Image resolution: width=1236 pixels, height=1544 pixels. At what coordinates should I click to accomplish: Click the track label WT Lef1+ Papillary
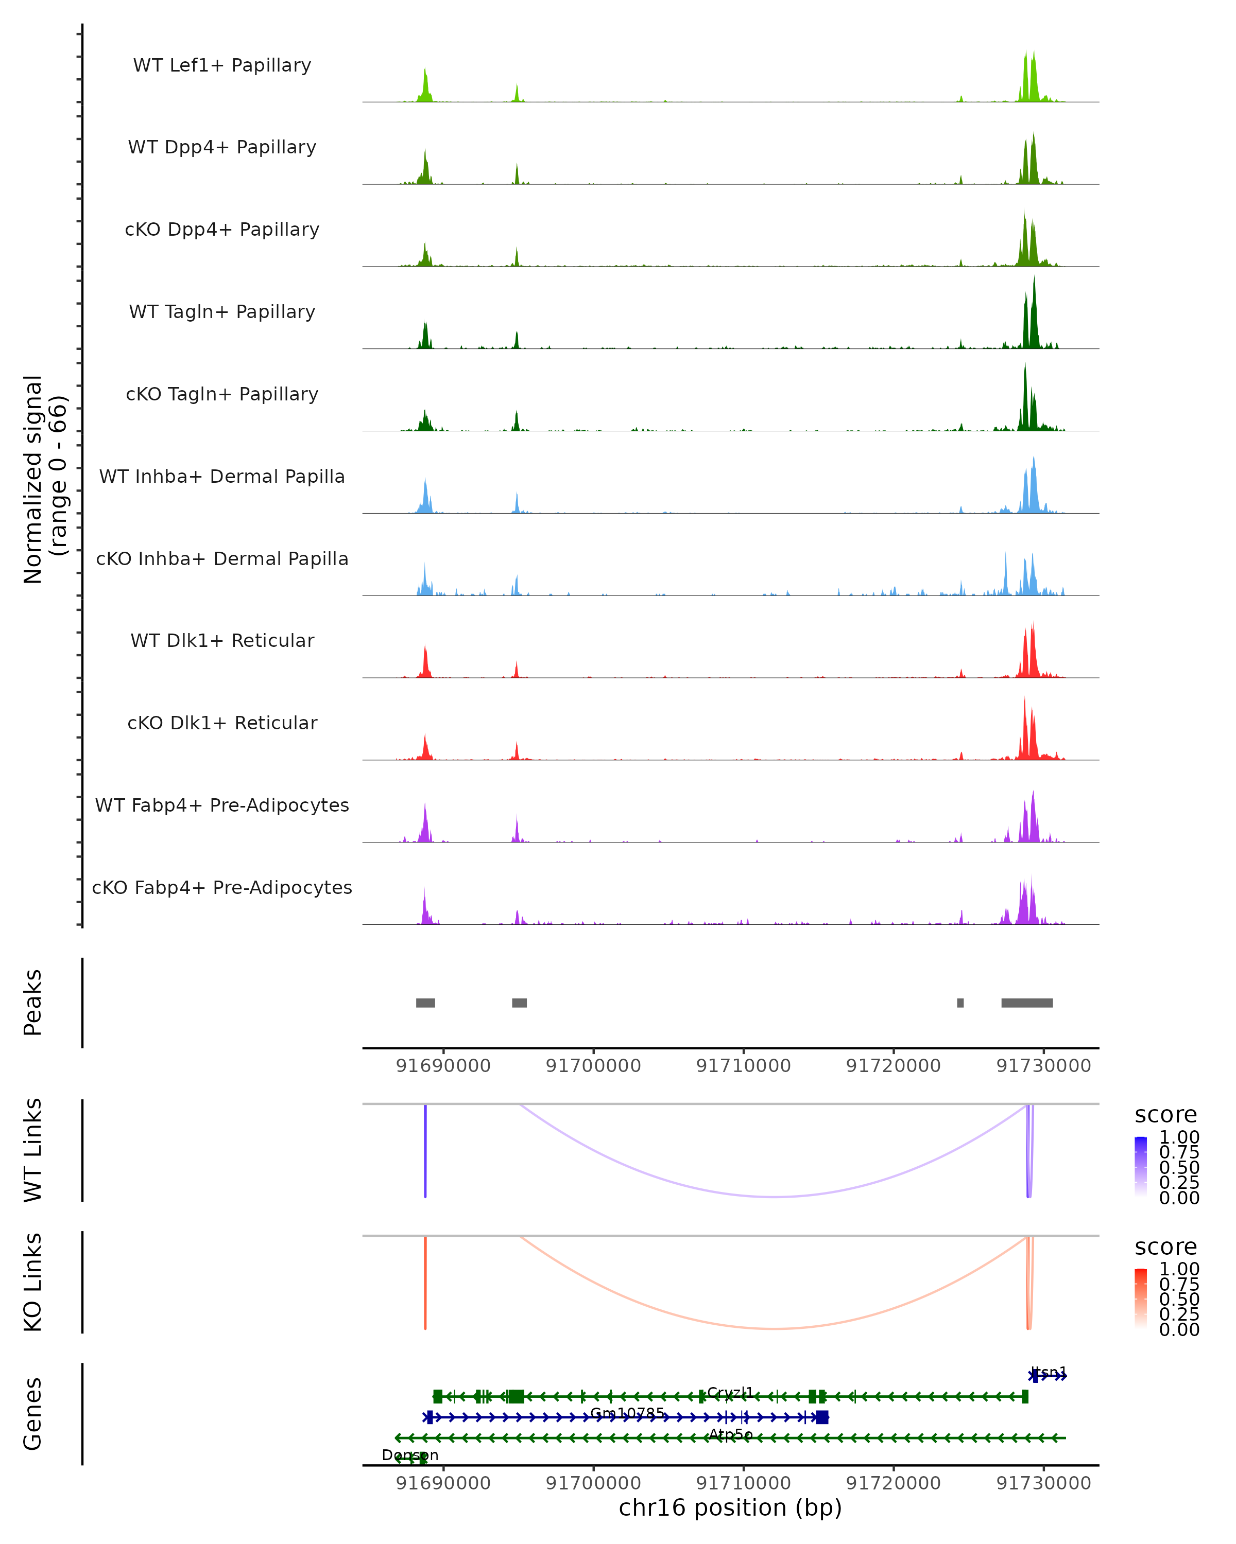pos(222,66)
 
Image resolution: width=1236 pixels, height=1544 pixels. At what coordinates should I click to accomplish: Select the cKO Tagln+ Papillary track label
pos(222,395)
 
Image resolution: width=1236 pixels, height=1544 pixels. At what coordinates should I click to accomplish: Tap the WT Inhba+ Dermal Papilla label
pos(222,477)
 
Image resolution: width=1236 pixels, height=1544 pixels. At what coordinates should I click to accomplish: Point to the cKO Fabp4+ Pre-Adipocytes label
pos(222,888)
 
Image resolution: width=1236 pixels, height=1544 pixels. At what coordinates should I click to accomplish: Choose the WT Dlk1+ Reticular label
pos(222,641)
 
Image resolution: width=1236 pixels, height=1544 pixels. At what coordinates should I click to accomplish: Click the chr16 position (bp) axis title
pos(730,1507)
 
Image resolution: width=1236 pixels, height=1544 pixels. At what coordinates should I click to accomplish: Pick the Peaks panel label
pos(33,1003)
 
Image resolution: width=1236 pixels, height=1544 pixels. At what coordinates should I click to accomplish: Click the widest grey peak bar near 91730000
pos(1027,1003)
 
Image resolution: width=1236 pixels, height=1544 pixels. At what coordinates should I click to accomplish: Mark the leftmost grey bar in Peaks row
pos(425,1003)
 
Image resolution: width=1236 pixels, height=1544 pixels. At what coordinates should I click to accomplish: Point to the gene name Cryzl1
pos(730,1393)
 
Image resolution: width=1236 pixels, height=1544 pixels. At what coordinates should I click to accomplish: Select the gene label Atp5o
pos(731,1434)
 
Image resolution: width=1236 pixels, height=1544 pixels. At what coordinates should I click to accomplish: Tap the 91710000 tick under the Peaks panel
pos(744,1066)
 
